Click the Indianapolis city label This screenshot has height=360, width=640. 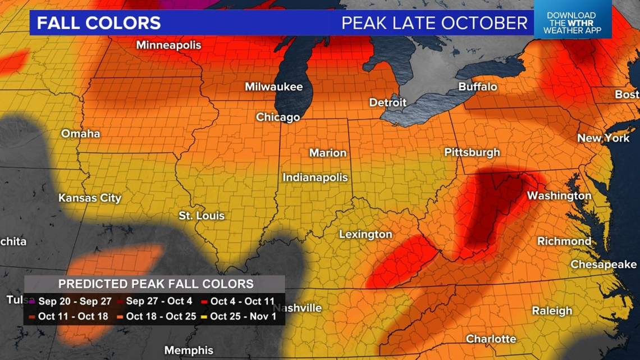[x=315, y=177]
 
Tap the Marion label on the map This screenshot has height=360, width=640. [x=328, y=153]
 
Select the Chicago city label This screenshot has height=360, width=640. [x=278, y=117]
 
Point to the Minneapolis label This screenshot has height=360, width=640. [x=168, y=45]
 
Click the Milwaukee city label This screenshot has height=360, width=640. [x=273, y=87]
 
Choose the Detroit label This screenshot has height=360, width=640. [x=387, y=103]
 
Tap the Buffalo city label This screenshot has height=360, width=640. [x=478, y=86]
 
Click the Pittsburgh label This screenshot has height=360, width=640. [x=472, y=152]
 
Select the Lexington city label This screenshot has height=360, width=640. [x=365, y=234]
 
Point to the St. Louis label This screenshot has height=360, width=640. [x=202, y=216]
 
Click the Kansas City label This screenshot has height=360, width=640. [x=90, y=198]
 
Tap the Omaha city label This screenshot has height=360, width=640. [x=80, y=134]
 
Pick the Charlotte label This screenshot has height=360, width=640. [x=491, y=339]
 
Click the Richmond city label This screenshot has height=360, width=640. [x=564, y=241]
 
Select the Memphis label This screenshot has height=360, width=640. [x=189, y=350]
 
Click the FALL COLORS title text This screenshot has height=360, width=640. [x=99, y=23]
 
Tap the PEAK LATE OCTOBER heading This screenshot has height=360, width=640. [x=435, y=23]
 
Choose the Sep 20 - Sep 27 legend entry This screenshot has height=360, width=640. [x=70, y=302]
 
